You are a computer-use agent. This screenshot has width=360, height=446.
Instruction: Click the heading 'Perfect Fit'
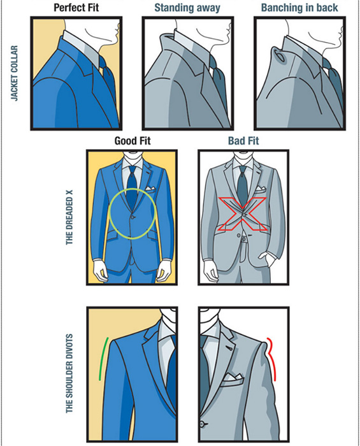pyautogui.click(x=76, y=8)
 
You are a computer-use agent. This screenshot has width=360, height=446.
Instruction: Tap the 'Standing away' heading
pyautogui.click(x=187, y=8)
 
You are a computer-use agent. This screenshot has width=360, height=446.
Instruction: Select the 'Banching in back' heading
pyautogui.click(x=299, y=8)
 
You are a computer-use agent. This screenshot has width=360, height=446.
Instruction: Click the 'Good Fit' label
pyautogui.click(x=133, y=141)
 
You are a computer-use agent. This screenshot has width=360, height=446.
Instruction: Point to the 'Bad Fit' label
pyautogui.click(x=243, y=141)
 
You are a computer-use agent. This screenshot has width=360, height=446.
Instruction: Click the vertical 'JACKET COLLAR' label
pyautogui.click(x=15, y=73)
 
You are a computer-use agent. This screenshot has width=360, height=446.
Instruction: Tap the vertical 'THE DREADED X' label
pyautogui.click(x=69, y=217)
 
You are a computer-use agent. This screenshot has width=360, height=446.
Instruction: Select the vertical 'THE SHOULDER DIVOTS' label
pyautogui.click(x=69, y=373)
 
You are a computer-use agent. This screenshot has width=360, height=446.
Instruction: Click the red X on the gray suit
pyautogui.click(x=242, y=214)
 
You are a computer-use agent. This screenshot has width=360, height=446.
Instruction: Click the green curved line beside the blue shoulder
pyautogui.click(x=103, y=359)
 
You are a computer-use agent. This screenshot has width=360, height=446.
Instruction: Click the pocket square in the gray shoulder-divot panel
pyautogui.click(x=233, y=378)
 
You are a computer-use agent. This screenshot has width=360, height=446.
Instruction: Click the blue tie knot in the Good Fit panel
pyautogui.click(x=133, y=169)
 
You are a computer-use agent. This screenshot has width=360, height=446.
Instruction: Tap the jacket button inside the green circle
pyautogui.click(x=133, y=217)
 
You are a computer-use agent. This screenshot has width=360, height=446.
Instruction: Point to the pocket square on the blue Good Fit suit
pyautogui.click(x=150, y=189)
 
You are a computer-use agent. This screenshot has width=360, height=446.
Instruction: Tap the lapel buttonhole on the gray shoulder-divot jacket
pyautogui.click(x=229, y=348)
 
